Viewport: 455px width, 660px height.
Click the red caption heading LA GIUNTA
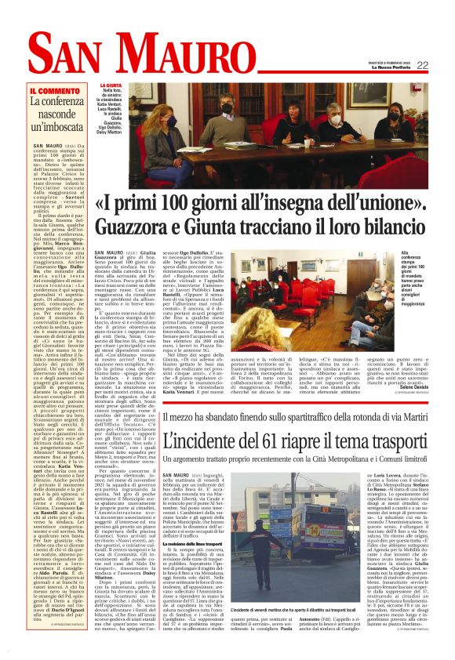coord(111,85)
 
